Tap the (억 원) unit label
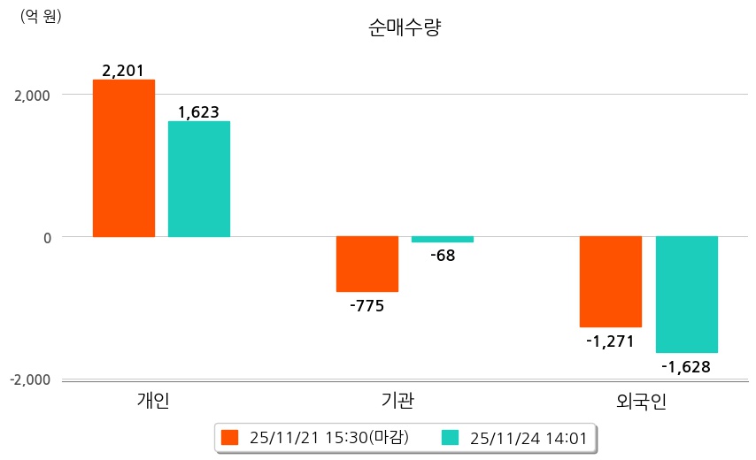(x=42, y=17)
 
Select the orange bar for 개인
(x=124, y=158)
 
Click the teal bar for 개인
(x=199, y=179)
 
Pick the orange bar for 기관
(x=367, y=264)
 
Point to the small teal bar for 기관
(x=443, y=239)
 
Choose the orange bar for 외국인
(x=611, y=281)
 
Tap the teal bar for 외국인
(x=687, y=295)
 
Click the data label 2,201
(x=123, y=71)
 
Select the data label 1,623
(x=198, y=112)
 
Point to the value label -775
(x=367, y=306)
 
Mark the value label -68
(x=443, y=257)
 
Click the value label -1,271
(x=611, y=341)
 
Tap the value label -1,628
(x=687, y=366)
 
